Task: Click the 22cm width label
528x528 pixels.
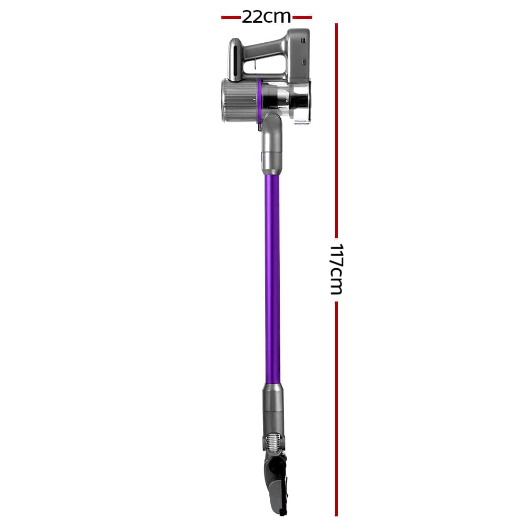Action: point(266,17)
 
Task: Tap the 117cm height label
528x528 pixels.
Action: point(336,269)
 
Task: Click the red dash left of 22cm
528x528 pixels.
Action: point(231,17)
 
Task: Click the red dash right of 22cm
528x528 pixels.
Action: point(302,17)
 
